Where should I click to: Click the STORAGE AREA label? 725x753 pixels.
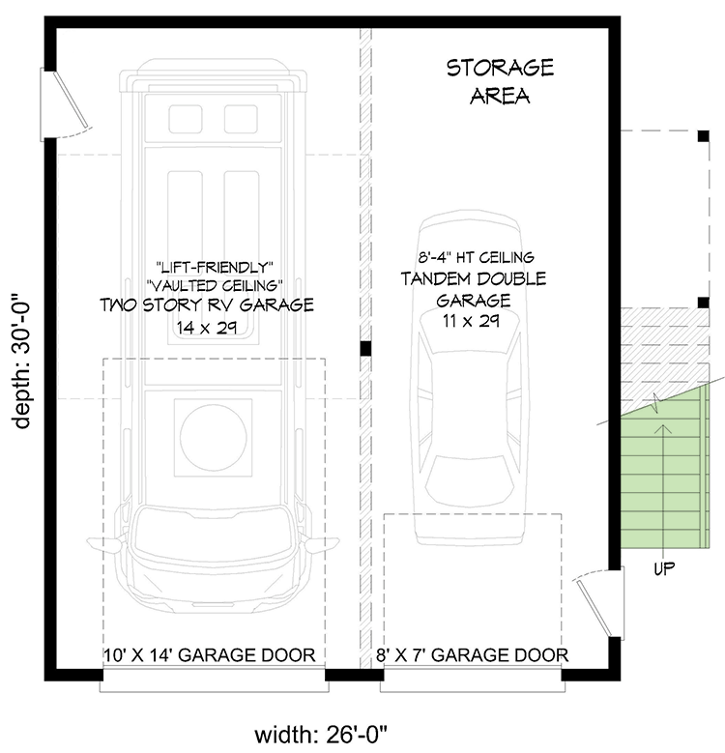499,81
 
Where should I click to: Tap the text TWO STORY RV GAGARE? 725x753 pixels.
207,305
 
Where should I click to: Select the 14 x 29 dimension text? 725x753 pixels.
208,327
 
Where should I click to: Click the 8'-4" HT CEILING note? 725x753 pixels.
474,257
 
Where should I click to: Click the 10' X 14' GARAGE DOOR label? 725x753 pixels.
209,655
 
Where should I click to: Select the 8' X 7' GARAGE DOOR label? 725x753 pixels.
472,655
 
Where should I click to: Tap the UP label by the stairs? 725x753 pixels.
663,568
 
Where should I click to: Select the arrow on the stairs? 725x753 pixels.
662,454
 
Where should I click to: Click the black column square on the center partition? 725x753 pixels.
365,349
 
